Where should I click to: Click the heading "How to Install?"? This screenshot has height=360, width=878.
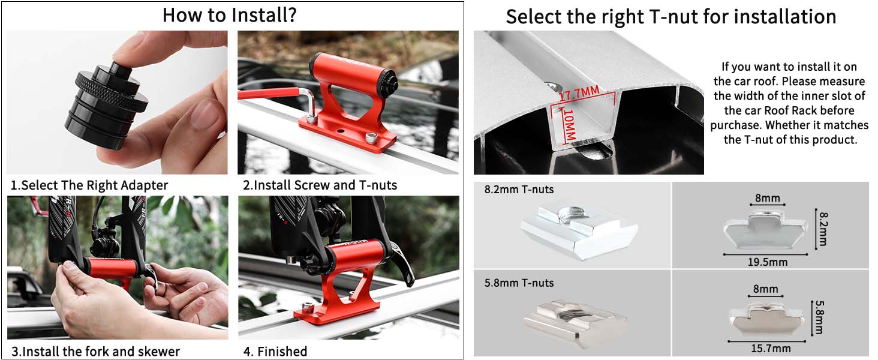click(230, 15)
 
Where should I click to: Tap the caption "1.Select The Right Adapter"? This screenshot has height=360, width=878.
click(89, 185)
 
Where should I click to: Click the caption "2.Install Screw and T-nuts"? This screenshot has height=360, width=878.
click(320, 185)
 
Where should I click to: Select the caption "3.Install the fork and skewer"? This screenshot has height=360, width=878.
click(95, 351)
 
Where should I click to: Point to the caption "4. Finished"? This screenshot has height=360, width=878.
click(275, 351)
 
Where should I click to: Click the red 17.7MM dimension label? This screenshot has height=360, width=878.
click(579, 94)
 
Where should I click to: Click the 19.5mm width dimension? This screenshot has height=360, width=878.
click(767, 262)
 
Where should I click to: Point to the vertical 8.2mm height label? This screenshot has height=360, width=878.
click(823, 229)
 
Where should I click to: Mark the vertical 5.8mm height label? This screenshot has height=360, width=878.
click(819, 317)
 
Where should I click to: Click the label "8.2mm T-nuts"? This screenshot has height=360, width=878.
click(519, 190)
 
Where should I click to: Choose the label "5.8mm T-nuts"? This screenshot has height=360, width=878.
click(519, 283)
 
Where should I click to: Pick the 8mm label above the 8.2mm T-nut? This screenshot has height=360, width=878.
click(768, 198)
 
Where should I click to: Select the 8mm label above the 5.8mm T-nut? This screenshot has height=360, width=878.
click(765, 289)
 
